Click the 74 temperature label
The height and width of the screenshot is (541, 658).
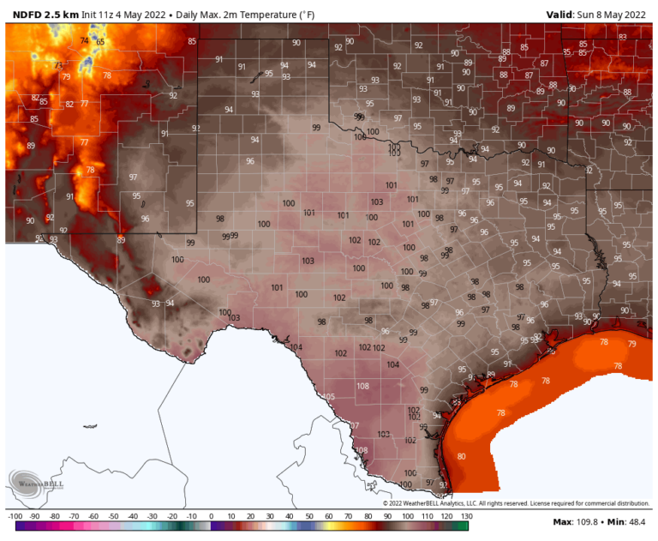pos(84,40)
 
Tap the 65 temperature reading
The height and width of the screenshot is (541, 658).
pos(100,42)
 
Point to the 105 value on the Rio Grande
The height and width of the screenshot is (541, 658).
pos(329,396)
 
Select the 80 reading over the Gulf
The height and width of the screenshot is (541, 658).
pos(462,456)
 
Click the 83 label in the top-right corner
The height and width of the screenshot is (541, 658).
pos(622,37)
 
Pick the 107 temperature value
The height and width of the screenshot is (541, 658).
pos(354,425)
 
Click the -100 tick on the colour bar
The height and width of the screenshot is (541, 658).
pos(15,516)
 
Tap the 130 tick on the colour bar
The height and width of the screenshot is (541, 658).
pos(466,516)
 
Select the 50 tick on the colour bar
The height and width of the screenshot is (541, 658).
pos(309,516)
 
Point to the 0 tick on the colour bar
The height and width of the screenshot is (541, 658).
pos(211,516)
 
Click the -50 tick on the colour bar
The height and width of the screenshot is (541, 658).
pos(113,516)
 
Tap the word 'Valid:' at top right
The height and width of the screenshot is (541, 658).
pos(562,15)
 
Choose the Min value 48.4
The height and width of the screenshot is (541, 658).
pos(635,522)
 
